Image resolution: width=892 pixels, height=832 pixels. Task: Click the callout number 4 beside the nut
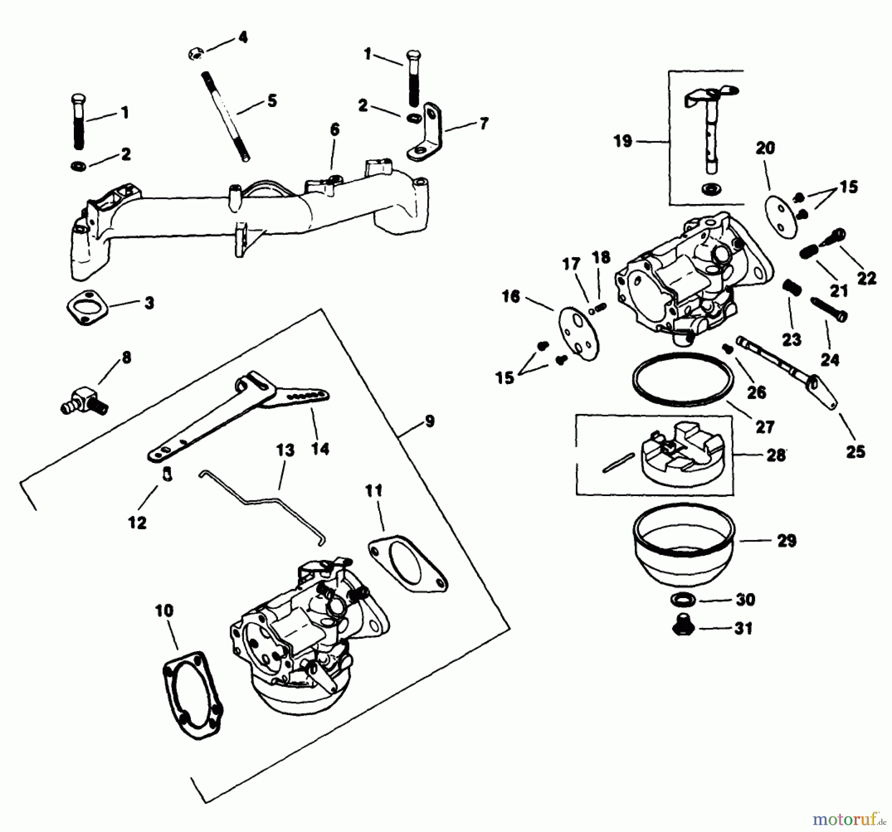pos(242,37)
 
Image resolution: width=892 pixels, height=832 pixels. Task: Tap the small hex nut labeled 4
pos(195,54)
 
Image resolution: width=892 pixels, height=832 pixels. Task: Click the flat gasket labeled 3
pos(88,308)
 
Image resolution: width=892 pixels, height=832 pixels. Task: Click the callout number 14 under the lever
pos(320,449)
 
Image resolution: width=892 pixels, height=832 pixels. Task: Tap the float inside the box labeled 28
pos(681,455)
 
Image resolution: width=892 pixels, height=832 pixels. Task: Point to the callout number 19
pos(623,141)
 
